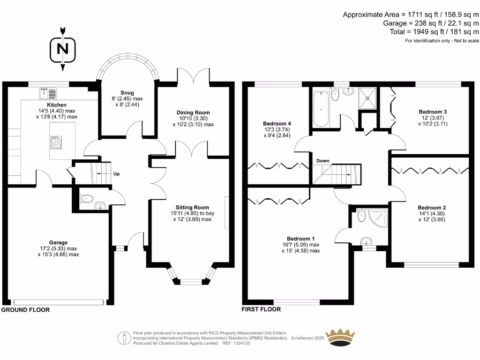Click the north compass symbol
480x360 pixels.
(x=63, y=49)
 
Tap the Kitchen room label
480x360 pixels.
(x=57, y=105)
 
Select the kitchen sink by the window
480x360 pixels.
(x=48, y=91)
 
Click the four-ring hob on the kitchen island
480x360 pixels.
(x=56, y=142)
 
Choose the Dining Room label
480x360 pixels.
(x=193, y=112)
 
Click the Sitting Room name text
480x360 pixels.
(x=193, y=207)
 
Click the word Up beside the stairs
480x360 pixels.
(x=116, y=174)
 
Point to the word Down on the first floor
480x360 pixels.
(x=322, y=161)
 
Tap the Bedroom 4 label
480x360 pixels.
(x=274, y=124)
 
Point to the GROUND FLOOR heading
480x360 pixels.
(x=25, y=310)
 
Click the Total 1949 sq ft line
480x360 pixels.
(x=435, y=32)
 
